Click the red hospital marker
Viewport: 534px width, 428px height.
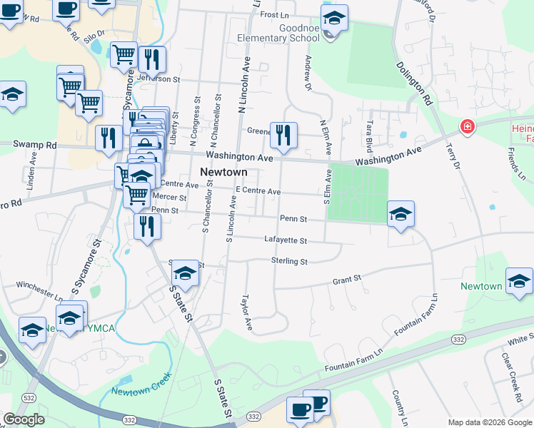click(467, 127)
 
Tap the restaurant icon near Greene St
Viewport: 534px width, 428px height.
click(283, 134)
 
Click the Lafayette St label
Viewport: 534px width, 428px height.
click(285, 241)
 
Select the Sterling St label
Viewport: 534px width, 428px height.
click(289, 262)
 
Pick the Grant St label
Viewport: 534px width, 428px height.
click(347, 281)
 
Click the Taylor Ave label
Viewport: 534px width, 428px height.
click(247, 312)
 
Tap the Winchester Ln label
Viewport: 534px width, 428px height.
click(39, 288)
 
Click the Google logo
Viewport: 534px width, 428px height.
click(24, 419)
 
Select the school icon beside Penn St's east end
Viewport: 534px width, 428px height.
click(401, 214)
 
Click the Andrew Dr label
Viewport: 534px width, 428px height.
click(308, 73)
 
